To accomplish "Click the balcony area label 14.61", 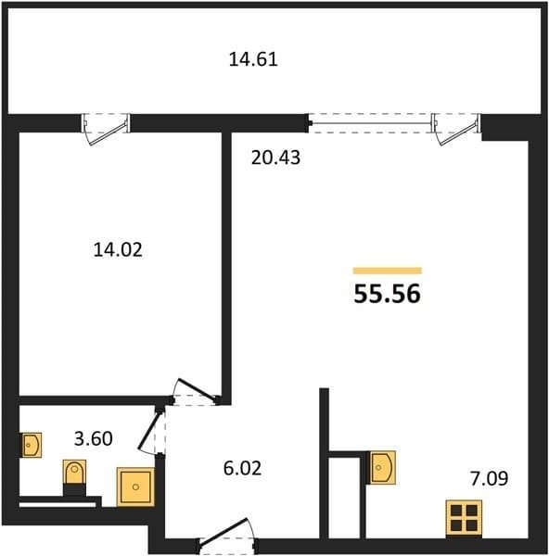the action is (253, 59).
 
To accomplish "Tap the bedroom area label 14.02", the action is (118, 249).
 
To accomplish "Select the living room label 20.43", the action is (275, 158).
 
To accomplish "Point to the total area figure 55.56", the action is (387, 294).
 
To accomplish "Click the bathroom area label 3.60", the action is (94, 438).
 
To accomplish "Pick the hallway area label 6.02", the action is (243, 468).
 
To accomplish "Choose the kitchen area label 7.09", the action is (489, 478).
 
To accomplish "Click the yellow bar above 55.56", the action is (387, 271).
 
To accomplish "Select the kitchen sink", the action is (383, 467).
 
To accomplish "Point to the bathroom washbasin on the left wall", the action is (32, 445).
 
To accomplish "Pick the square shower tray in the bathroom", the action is (135, 486).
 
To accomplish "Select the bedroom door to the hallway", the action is (195, 392).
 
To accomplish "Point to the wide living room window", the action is (370, 123).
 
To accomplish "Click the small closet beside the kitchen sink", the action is (345, 498).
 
